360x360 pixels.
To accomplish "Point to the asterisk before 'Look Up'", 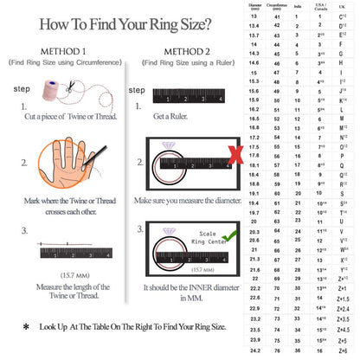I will point(26,328).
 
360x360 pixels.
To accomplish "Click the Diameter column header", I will point(254,6).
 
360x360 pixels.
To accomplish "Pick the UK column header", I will point(343,6).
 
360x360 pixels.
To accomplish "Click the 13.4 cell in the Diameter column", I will point(254,26).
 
